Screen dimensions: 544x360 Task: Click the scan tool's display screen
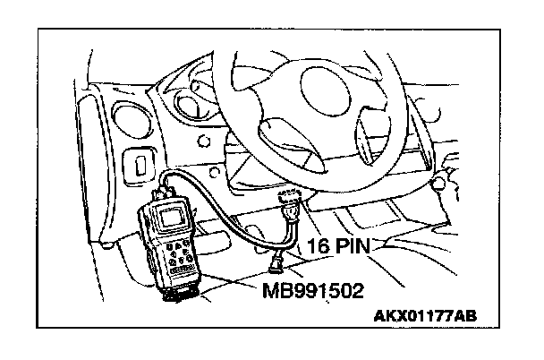click(172, 215)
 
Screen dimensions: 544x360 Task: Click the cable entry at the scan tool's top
click(167, 187)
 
